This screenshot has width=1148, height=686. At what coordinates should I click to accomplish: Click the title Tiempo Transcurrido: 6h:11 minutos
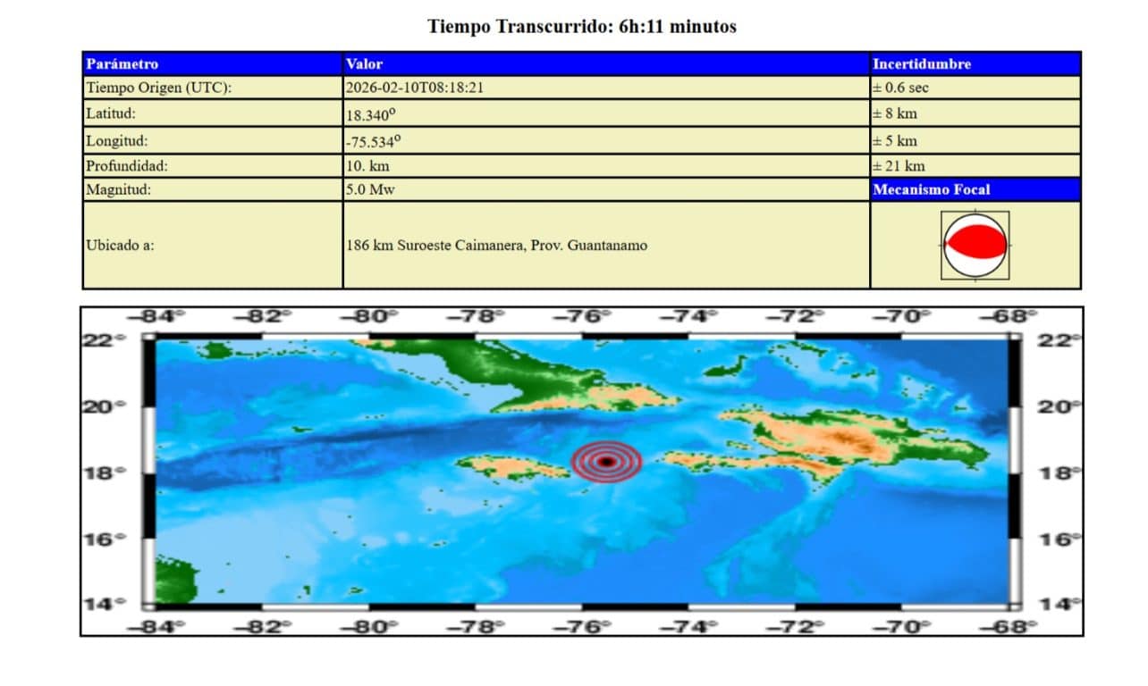tap(581, 27)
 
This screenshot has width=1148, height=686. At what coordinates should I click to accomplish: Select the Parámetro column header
tap(122, 64)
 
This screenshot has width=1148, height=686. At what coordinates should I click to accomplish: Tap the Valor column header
tap(364, 64)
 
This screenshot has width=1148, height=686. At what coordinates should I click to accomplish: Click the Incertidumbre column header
tap(922, 64)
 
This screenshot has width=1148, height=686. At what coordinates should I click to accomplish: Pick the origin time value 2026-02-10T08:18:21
tap(415, 88)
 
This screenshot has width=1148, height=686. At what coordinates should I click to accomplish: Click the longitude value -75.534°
tap(374, 141)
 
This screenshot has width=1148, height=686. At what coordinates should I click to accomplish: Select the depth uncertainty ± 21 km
tap(899, 166)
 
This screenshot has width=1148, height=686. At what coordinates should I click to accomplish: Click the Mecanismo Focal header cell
tap(932, 189)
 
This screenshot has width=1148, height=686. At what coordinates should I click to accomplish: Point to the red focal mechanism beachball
tap(975, 243)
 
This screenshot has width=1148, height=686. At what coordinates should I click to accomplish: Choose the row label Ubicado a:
tap(120, 245)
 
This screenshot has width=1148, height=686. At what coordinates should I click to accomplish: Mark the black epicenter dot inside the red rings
tap(607, 462)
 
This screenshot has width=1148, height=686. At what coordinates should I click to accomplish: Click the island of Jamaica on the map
tap(501, 465)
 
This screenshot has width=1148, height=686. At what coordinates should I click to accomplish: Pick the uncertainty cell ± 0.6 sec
tap(901, 88)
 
